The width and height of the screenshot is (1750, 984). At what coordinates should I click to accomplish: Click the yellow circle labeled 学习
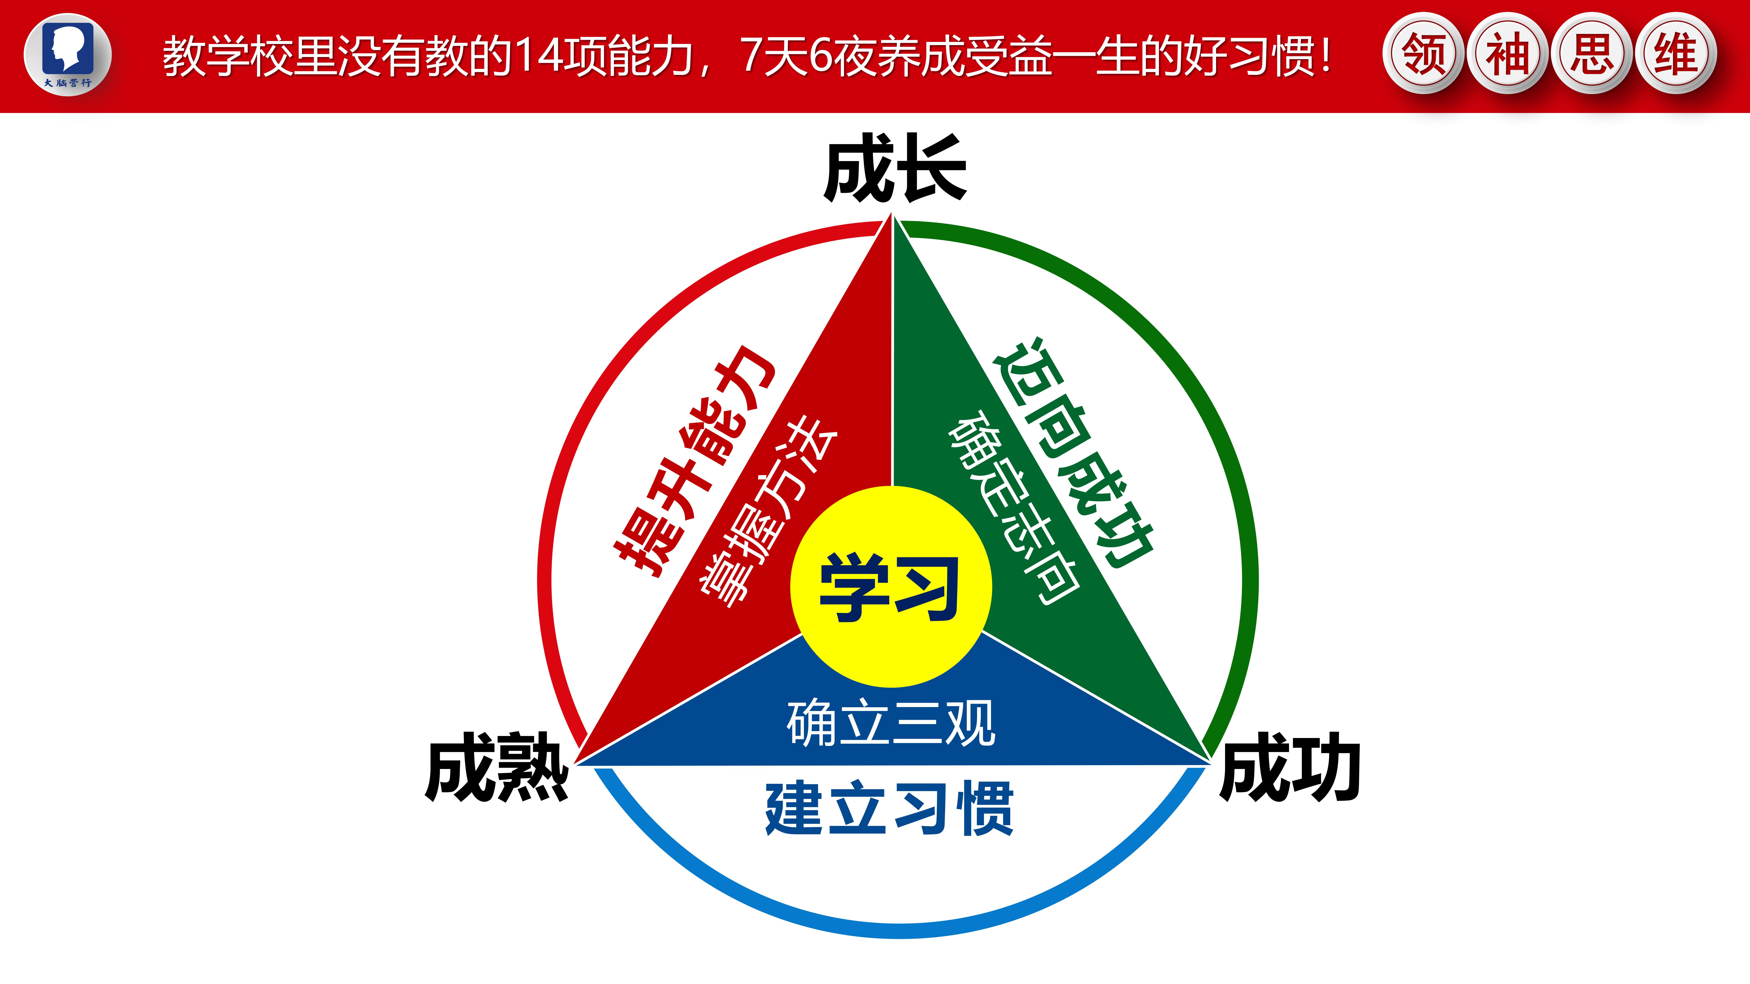pos(891,587)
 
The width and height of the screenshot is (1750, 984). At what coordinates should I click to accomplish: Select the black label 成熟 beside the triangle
pos(497,767)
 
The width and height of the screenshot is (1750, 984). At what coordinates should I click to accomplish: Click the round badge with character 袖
pos(1508,53)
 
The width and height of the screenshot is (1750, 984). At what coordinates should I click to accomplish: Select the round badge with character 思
pos(1592,53)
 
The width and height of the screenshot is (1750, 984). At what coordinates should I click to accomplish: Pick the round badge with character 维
pos(1676,53)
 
